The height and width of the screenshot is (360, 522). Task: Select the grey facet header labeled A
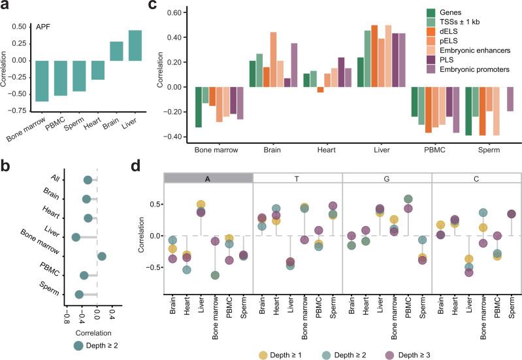pos(208,178)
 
